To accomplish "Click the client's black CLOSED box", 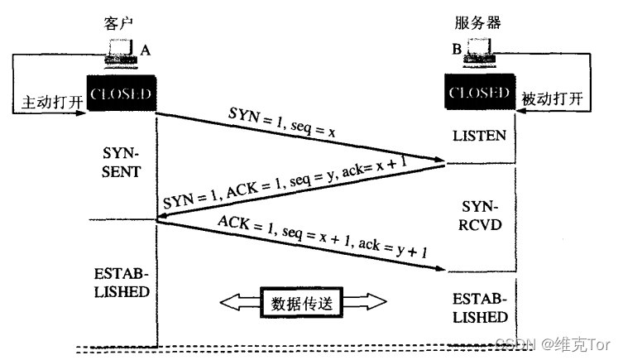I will [120, 93].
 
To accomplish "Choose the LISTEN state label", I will [480, 134].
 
